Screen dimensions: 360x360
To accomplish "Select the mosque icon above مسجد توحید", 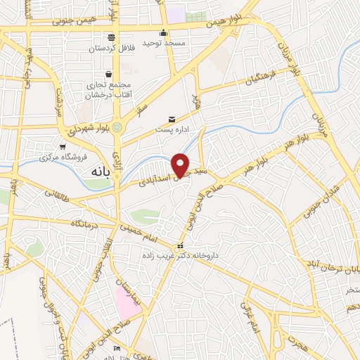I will [164, 32].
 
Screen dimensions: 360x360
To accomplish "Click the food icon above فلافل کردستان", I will [110, 38].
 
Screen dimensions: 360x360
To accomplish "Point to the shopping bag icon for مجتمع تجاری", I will [108, 74].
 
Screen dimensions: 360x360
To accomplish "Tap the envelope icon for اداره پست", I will [172, 120].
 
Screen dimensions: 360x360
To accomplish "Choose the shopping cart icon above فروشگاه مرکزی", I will [63, 147].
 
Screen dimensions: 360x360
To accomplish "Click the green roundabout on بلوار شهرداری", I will [116, 127].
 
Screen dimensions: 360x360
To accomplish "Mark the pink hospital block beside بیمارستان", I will [128, 301].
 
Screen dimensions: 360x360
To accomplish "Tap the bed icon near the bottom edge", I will [117, 349].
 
